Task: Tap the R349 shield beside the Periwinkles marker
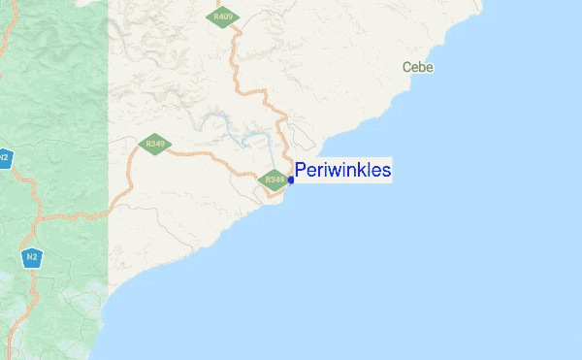point(275,180)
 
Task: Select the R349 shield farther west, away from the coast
point(151,145)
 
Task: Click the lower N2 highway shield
point(32,257)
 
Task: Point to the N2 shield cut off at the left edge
point(4,156)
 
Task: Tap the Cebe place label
point(418,68)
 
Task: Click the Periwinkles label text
point(343,171)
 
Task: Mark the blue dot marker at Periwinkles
point(291,180)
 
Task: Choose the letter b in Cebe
point(422,68)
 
